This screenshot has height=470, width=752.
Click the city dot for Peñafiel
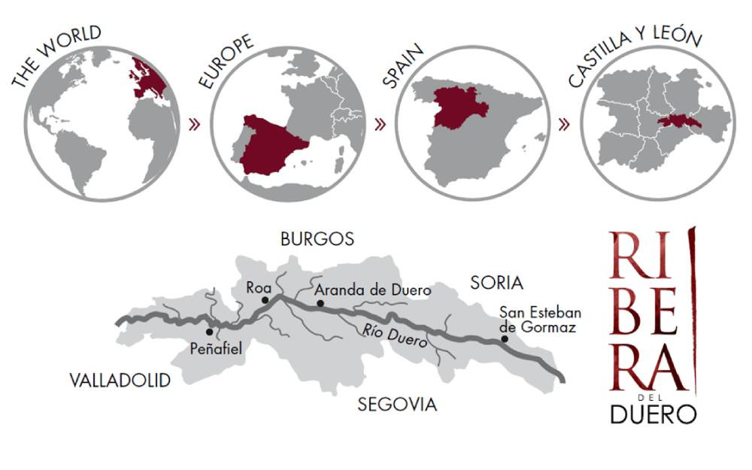[209, 332]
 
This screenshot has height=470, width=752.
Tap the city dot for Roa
[264, 300]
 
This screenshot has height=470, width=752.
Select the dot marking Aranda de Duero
[320, 304]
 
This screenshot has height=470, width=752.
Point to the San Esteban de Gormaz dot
[505, 339]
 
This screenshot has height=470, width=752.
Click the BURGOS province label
[317, 239]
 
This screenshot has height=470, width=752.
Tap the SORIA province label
[496, 283]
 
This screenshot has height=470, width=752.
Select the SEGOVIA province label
[397, 405]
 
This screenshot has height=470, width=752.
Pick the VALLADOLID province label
[120, 380]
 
